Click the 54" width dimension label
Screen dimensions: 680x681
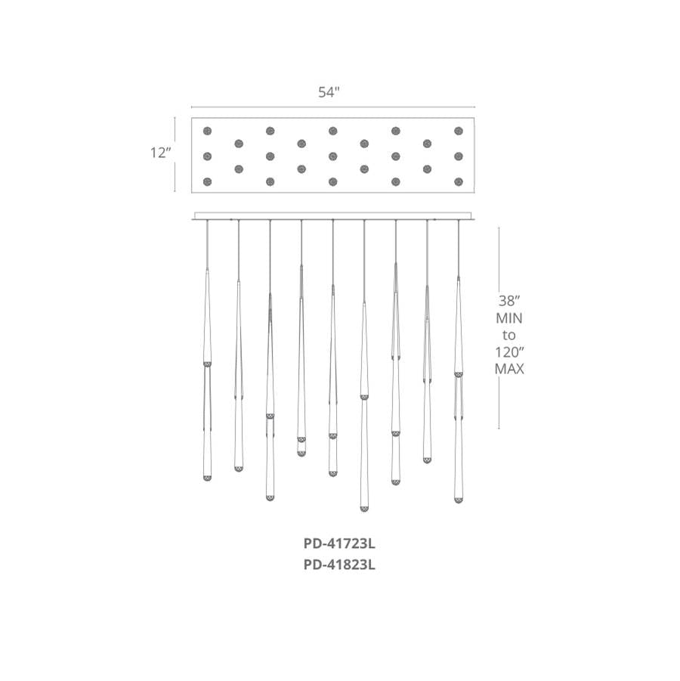tap(329, 92)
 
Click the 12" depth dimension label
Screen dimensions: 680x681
tap(161, 153)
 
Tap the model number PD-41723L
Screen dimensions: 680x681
tap(339, 543)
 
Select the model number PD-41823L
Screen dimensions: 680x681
tap(339, 565)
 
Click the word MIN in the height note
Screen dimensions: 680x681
tap(509, 318)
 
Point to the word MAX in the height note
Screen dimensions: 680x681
tap(509, 369)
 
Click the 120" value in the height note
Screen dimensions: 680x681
tap(509, 351)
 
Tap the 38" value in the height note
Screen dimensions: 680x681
tap(509, 301)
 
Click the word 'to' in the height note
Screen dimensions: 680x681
tap(509, 335)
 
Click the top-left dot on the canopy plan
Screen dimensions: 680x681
tap(207, 131)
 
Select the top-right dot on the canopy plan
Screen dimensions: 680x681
tap(458, 131)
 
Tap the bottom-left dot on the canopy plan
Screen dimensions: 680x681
tap(207, 181)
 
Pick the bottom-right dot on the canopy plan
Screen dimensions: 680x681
tap(458, 181)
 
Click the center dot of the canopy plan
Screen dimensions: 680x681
tap(332, 156)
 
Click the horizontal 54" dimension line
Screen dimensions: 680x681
tap(333, 107)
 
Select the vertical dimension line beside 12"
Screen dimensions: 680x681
tap(175, 154)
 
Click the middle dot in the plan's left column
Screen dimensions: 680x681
tap(207, 156)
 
